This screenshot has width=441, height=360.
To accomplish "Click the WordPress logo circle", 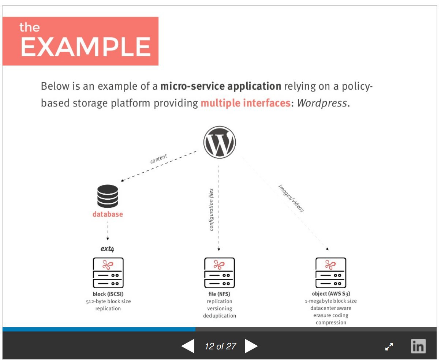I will [x=220, y=142].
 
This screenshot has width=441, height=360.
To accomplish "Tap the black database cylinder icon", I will [x=108, y=196].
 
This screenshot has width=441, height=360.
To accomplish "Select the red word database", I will [x=108, y=214].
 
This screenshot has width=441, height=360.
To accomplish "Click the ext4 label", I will [x=107, y=249].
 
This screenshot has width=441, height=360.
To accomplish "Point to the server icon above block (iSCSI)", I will [x=108, y=273].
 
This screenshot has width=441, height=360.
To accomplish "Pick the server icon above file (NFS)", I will [x=219, y=273].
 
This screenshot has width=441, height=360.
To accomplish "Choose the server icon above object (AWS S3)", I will [x=330, y=273].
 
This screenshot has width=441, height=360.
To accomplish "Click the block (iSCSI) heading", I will [x=108, y=294].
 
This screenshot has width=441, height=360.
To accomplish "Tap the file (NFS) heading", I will [x=219, y=294].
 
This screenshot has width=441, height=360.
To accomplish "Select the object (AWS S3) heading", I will [x=331, y=294].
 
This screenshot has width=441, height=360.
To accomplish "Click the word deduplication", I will [x=220, y=316].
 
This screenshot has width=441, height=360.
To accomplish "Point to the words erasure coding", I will [x=331, y=315].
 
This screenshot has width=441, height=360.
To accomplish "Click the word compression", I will [x=331, y=323].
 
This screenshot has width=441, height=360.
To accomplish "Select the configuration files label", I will [x=211, y=210].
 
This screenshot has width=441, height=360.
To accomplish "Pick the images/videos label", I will [x=291, y=198].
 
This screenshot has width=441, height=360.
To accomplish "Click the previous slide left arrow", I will [x=188, y=346].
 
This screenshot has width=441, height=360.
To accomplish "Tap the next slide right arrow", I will [x=251, y=346].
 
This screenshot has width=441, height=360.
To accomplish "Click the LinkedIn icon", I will [x=418, y=346].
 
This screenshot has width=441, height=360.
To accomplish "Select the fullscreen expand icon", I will [x=389, y=346].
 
